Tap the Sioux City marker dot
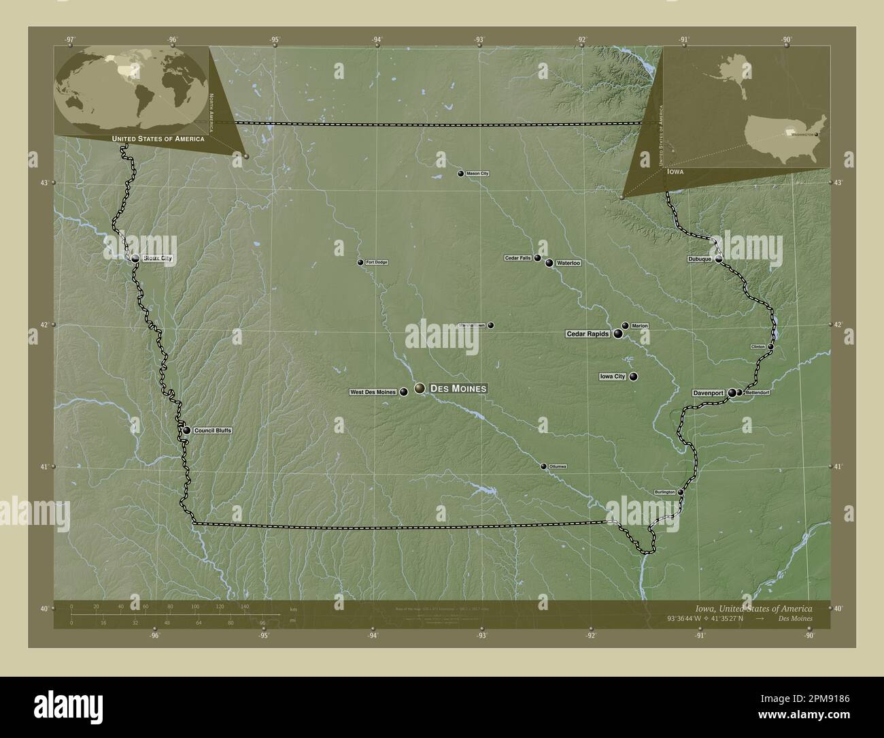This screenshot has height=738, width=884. pyautogui.click(x=135, y=258)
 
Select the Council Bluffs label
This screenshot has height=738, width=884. pyautogui.click(x=213, y=430)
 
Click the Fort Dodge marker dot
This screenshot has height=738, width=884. pyautogui.click(x=361, y=262)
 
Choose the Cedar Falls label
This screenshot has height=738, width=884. pyautogui.click(x=518, y=258)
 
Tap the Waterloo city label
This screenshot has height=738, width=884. pyautogui.click(x=568, y=263)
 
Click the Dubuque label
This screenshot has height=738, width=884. pyautogui.click(x=699, y=259)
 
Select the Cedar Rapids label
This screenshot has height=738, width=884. pyautogui.click(x=588, y=334)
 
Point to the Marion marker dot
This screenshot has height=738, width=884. pyautogui.click(x=625, y=325)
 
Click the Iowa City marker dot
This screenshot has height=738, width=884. pyautogui.click(x=633, y=376)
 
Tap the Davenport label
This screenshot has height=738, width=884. pyautogui.click(x=709, y=393)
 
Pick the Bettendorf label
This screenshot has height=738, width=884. pyautogui.click(x=757, y=393)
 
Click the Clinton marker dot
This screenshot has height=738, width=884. pyautogui.click(x=770, y=347)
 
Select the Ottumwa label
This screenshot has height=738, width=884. pyautogui.click(x=558, y=466)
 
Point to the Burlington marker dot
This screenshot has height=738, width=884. pyautogui.click(x=680, y=492)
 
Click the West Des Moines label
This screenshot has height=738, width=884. pyautogui.click(x=373, y=391)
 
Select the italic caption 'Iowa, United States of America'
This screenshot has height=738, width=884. pyautogui.click(x=753, y=608)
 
